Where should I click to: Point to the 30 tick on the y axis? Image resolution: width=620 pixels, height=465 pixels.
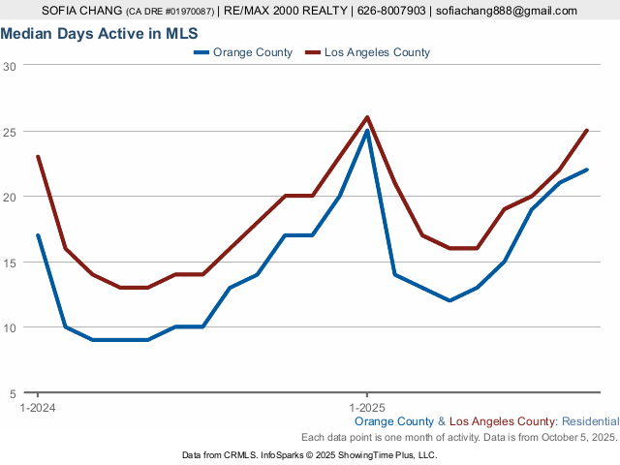click(10, 66)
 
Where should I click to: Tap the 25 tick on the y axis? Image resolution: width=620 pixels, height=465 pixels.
click(10, 131)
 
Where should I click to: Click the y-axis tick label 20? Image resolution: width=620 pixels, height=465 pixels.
click(10, 197)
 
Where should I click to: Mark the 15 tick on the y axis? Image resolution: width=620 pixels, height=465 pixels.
click(10, 262)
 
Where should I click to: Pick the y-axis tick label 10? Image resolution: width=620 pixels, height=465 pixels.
click(10, 327)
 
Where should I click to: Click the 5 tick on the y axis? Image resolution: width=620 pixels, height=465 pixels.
click(13, 392)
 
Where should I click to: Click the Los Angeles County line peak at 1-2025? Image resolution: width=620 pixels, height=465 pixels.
click(367, 117)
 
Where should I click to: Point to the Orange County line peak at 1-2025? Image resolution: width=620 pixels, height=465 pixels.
click(367, 131)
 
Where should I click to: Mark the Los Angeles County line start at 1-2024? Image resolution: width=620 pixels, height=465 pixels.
click(38, 157)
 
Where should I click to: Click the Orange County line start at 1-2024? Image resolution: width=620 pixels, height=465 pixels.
click(38, 235)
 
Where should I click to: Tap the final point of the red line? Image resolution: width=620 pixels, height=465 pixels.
click(587, 131)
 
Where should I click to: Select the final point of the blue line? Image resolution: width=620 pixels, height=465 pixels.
click(587, 170)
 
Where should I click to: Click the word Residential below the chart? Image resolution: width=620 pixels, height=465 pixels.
click(590, 422)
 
